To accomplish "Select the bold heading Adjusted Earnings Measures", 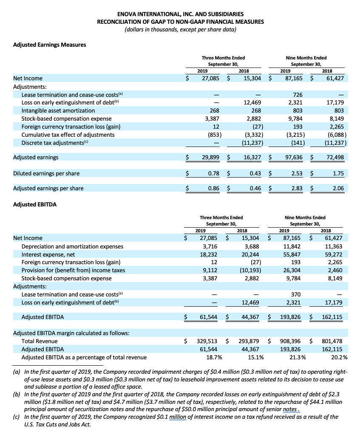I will pos(50,45).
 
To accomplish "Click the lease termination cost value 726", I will pos(298,95).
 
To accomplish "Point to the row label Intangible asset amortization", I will pos(57,111).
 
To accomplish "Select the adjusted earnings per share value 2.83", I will pos(296,189).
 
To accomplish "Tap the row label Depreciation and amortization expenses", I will pos(72,246).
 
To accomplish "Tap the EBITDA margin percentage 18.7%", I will pos(211,357).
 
